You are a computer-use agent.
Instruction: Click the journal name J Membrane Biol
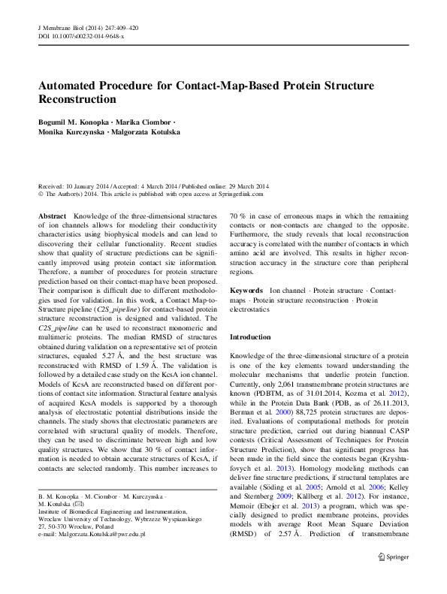62,27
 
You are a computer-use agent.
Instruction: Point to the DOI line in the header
81,35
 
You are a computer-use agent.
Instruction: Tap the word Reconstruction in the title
77,99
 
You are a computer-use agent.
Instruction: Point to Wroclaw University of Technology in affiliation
86,518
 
